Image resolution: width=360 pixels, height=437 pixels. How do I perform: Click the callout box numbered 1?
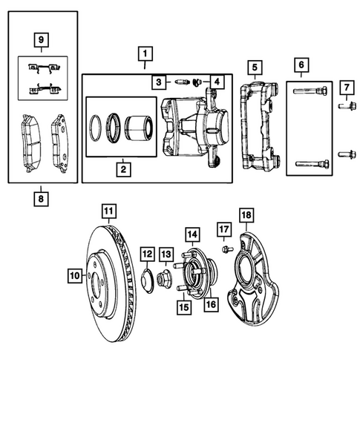(145, 53)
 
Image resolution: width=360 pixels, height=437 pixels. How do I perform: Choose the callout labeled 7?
(345, 89)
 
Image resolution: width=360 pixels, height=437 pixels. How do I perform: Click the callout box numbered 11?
(108, 211)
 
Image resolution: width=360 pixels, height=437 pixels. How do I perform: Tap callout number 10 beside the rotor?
(74, 276)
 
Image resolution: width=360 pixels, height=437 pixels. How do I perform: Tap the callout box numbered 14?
(191, 236)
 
